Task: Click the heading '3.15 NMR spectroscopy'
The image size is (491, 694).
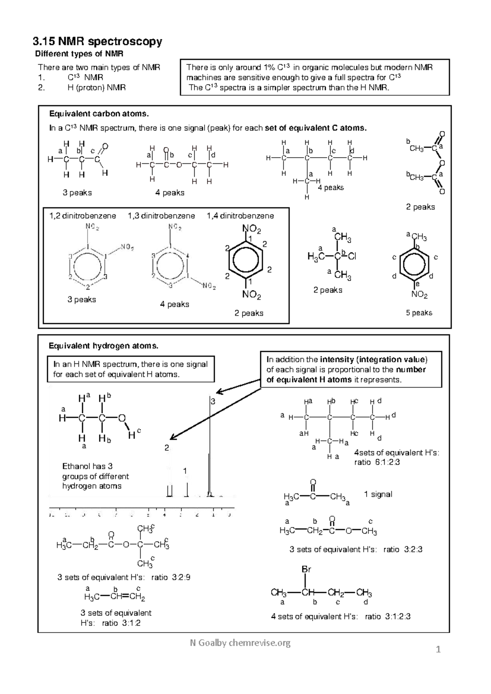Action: pos(97,41)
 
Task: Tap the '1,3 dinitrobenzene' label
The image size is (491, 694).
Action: pos(161,216)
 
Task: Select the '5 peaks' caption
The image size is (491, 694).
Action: pos(419,313)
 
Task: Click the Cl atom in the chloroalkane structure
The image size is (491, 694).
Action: pos(352,257)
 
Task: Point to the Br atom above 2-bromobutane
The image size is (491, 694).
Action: pos(306,569)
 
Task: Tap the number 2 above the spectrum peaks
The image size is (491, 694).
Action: pos(167,448)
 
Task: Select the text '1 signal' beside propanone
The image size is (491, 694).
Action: pos(378,494)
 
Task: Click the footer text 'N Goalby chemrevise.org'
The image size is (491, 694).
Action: pos(240,643)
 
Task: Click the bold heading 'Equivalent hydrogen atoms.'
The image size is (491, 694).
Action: pos(103,346)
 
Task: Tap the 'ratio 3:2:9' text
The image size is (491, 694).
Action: pos(171,577)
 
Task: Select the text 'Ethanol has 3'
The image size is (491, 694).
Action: pos(87,466)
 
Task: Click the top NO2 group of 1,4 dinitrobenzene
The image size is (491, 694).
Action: pos(251,228)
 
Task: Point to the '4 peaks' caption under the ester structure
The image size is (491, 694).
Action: pos(169,193)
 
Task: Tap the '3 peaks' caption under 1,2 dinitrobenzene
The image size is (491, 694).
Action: pos(81,300)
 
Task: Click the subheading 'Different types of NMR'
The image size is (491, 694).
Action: pos(79,54)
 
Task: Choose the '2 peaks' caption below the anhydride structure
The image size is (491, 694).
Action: pos(420,207)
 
